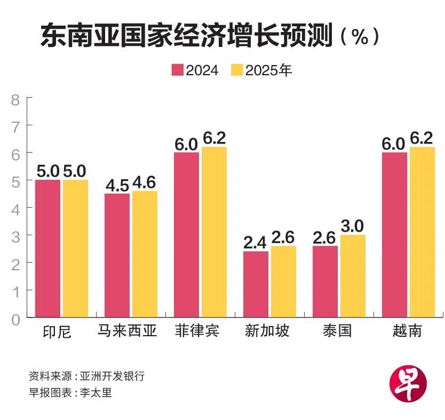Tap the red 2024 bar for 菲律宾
coord(186,235)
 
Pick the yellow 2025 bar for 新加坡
coord(283,282)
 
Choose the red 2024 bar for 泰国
coord(325,282)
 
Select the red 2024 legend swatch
coord(178,70)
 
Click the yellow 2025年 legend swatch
coord(237,70)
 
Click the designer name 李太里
coord(96,393)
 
